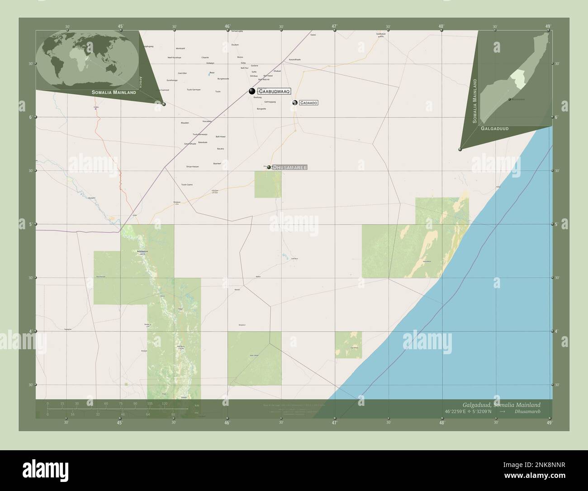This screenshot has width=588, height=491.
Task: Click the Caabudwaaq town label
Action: (x=274, y=91)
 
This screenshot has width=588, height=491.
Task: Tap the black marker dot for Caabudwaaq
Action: (x=252, y=91)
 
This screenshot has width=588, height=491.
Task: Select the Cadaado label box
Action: (x=308, y=103)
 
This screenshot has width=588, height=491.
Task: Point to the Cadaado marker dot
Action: (x=294, y=103)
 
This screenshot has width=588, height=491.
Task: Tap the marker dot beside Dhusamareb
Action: (x=269, y=167)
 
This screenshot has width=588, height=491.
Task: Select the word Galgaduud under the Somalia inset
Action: (x=495, y=129)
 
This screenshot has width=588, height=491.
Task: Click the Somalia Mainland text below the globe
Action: (x=114, y=92)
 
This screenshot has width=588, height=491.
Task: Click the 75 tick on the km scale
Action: (x=120, y=403)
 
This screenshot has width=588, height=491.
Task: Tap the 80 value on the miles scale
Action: (x=173, y=414)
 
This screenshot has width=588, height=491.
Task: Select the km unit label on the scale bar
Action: (x=196, y=405)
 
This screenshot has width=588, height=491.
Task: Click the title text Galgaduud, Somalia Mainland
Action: (x=501, y=404)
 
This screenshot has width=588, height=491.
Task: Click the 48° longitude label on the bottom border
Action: (x=441, y=423)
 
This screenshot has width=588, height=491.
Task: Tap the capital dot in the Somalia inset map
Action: (x=509, y=99)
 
